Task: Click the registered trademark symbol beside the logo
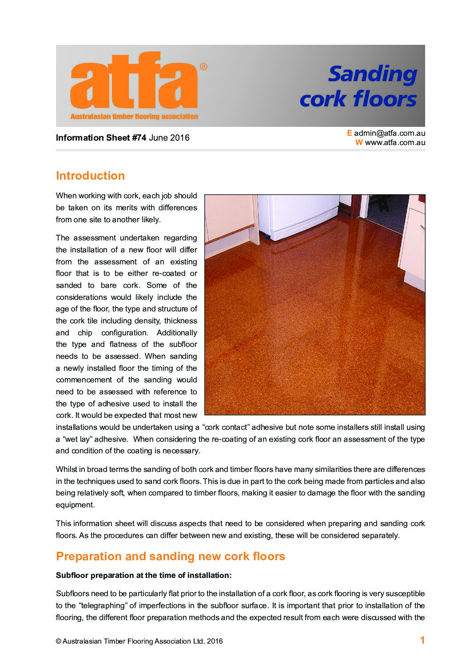click(x=203, y=67)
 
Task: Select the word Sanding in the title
click(x=372, y=74)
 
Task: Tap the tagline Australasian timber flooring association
click(x=134, y=117)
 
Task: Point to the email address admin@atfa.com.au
click(x=390, y=133)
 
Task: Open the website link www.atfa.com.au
click(x=395, y=142)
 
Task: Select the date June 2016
click(x=169, y=138)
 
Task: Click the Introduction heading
click(x=90, y=176)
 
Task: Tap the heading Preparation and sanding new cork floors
click(x=171, y=556)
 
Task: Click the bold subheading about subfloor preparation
click(x=143, y=575)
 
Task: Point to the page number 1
click(x=422, y=640)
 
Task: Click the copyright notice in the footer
click(x=139, y=641)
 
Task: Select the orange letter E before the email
click(x=350, y=133)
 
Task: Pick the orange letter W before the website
click(x=359, y=142)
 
